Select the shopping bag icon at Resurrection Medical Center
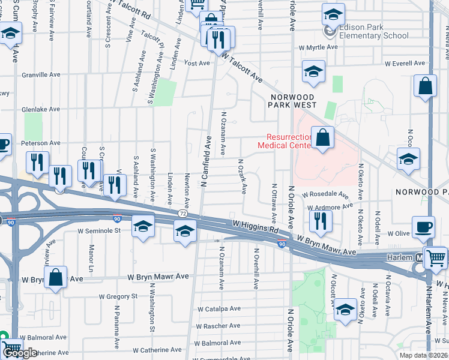pos(322,138)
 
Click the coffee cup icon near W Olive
pos(424,227)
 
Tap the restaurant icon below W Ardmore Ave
pos(318,220)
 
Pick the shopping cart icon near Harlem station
pos(435,258)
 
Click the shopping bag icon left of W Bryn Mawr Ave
pos(55,278)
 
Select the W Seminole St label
pos(99,230)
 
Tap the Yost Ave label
pos(197,62)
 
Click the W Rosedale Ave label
pos(325,195)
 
